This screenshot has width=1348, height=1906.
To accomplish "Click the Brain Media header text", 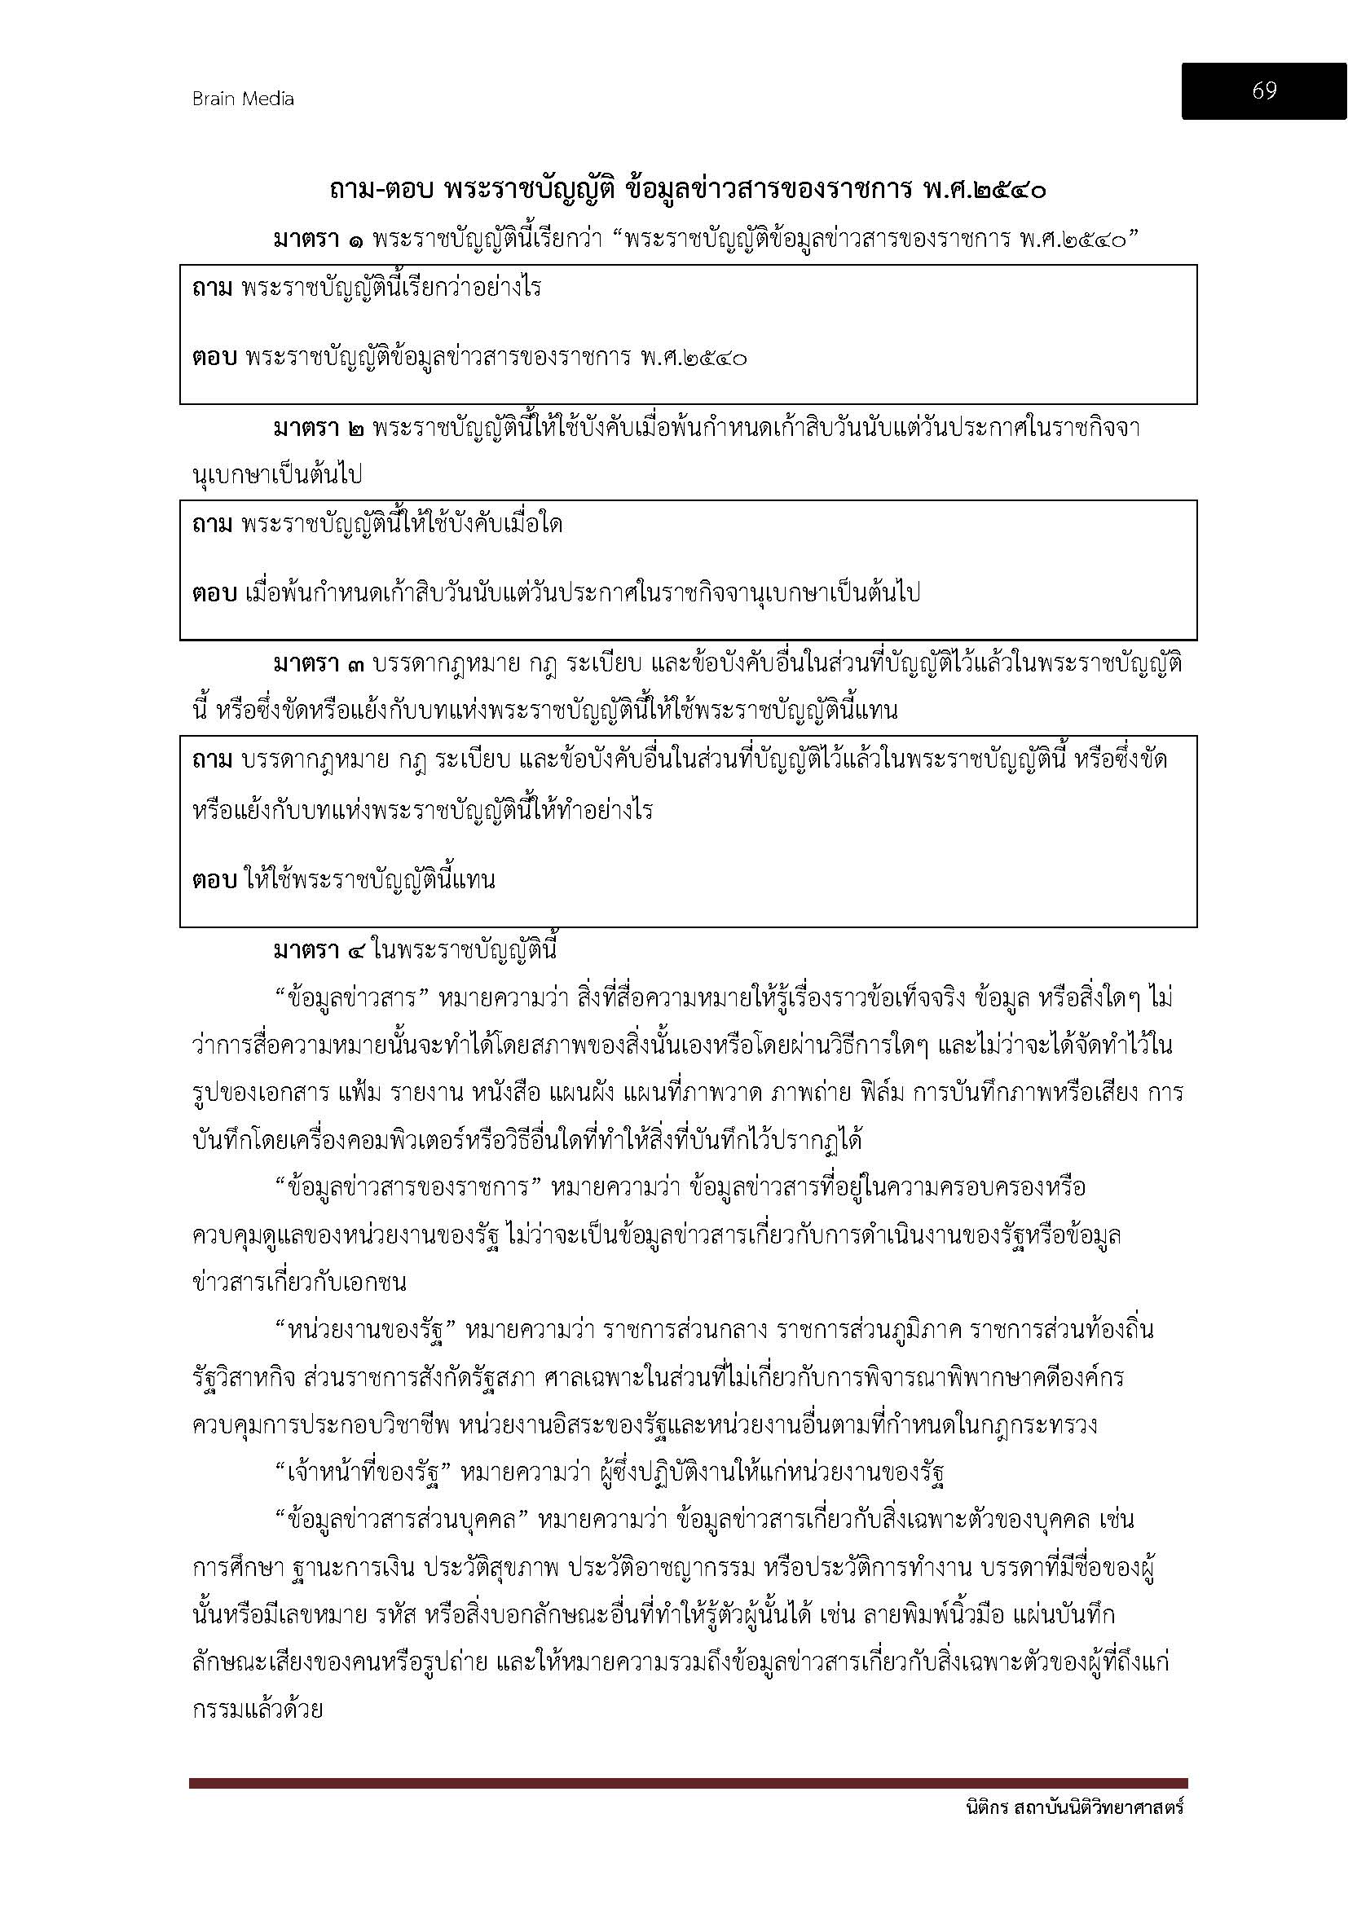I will pyautogui.click(x=243, y=99).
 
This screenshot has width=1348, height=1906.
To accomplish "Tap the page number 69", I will pyautogui.click(x=1263, y=90).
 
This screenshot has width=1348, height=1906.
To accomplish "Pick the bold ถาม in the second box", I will pyautogui.click(x=213, y=525).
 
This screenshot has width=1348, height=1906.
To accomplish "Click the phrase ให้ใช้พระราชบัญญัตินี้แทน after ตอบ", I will pyautogui.click(x=370, y=880).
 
